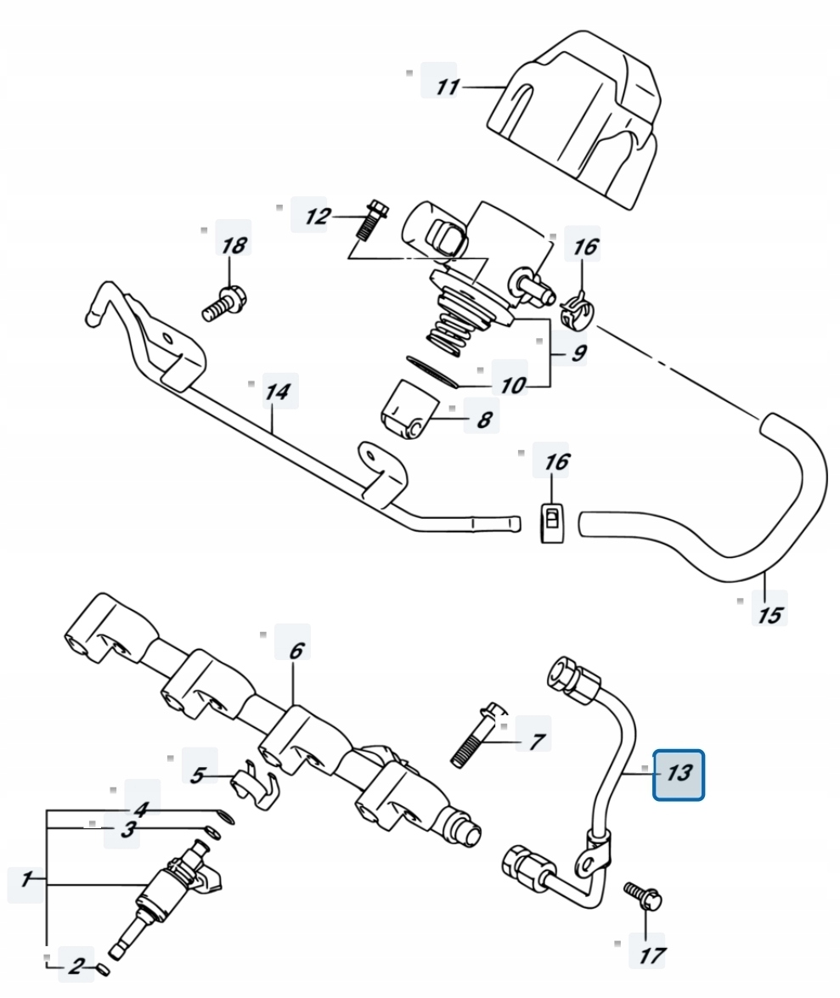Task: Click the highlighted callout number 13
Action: point(679,774)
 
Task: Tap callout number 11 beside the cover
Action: point(447,86)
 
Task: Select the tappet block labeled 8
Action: point(410,414)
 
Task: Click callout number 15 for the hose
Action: point(770,615)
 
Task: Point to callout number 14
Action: point(278,392)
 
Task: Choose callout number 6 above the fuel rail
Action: point(296,651)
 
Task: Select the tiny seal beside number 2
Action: point(103,970)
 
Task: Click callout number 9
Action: point(578,352)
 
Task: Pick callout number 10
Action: point(513,385)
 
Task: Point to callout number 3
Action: point(128,829)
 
